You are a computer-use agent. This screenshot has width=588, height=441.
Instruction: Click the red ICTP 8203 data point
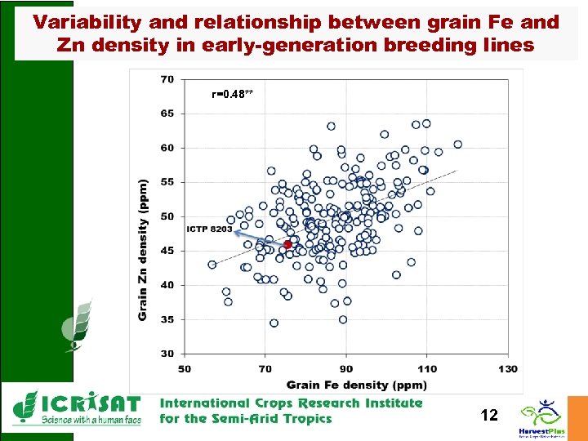pyautogui.click(x=288, y=244)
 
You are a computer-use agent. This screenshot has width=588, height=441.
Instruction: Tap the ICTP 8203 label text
pyautogui.click(x=210, y=229)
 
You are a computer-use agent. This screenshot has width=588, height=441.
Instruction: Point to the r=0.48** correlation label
pyautogui.click(x=233, y=94)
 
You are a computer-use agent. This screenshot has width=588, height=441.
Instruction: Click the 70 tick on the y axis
pyautogui.click(x=167, y=79)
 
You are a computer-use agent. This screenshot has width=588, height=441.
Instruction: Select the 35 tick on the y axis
pyautogui.click(x=167, y=319)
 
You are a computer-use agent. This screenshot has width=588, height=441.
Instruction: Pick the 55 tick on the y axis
pyautogui.click(x=167, y=182)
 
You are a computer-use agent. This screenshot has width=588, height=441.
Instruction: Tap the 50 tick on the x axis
pyautogui.click(x=185, y=369)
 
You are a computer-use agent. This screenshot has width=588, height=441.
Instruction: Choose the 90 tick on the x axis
pyautogui.click(x=347, y=369)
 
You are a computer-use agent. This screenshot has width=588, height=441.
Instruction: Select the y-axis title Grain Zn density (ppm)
pyautogui.click(x=144, y=250)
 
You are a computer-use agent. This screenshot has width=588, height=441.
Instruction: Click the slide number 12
pyautogui.click(x=488, y=416)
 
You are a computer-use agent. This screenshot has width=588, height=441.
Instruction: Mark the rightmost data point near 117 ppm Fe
pyautogui.click(x=457, y=145)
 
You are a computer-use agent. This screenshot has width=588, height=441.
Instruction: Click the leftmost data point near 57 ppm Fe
pyautogui.click(x=212, y=265)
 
